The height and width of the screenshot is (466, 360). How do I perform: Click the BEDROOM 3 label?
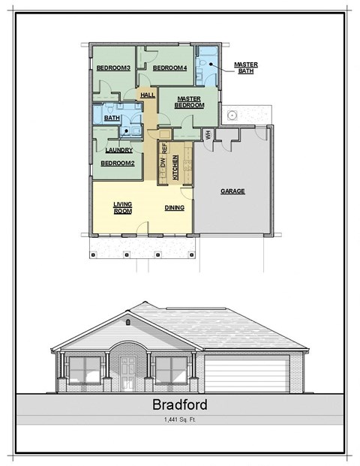point(113,69)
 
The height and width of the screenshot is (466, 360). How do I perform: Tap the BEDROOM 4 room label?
point(169,68)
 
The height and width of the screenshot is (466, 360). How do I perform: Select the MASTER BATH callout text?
point(246,68)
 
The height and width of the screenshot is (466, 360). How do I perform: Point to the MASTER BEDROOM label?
point(189,102)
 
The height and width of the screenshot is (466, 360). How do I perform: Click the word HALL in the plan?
point(147,95)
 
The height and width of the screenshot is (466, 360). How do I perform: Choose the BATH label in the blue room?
point(112,118)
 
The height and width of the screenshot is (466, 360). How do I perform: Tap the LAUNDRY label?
point(118,149)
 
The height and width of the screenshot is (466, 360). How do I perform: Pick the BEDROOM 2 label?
point(118,163)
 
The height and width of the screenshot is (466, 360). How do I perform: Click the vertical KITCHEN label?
point(175,167)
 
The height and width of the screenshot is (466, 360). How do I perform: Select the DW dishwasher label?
point(163,164)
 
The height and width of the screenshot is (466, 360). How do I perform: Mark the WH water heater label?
point(208,134)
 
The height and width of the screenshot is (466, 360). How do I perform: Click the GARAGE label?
point(232,191)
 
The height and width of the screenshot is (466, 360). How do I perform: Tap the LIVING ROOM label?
point(122,208)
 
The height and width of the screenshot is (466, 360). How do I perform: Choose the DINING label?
point(175,208)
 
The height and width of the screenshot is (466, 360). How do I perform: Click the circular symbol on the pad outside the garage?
point(233,116)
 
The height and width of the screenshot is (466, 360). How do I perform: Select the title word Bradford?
point(179,406)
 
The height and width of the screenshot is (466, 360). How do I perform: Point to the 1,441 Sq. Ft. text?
point(179,421)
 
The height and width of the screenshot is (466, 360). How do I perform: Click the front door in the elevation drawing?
point(128,372)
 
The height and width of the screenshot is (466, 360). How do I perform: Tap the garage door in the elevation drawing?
point(247,376)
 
